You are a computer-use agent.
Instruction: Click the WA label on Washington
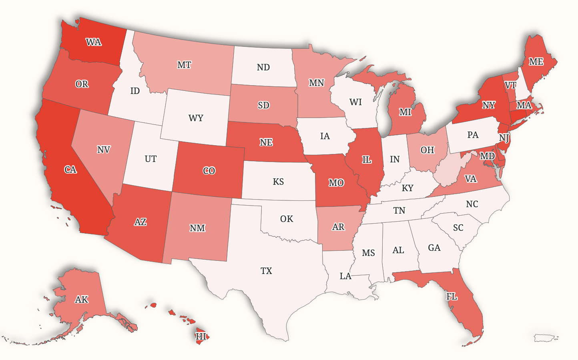coord(94,42)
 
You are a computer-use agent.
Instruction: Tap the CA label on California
coord(70,170)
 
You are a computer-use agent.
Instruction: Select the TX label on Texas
coord(266,271)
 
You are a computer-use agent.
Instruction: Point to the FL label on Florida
coord(452,296)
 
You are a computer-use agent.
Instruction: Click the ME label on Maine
coord(536,62)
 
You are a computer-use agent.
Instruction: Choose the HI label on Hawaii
coord(201,336)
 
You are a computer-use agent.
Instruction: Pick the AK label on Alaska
coord(82,299)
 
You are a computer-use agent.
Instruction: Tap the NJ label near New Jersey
coord(504,138)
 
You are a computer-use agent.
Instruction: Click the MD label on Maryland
coord(487,156)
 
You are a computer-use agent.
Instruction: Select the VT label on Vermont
coord(510,85)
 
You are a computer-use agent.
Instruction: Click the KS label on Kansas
coord(278,182)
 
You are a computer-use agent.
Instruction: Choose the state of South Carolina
coord(458,228)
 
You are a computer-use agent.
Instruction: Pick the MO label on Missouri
coord(336,183)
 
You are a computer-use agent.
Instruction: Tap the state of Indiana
coord(395,159)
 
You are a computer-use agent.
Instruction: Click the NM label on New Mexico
coord(197,228)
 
